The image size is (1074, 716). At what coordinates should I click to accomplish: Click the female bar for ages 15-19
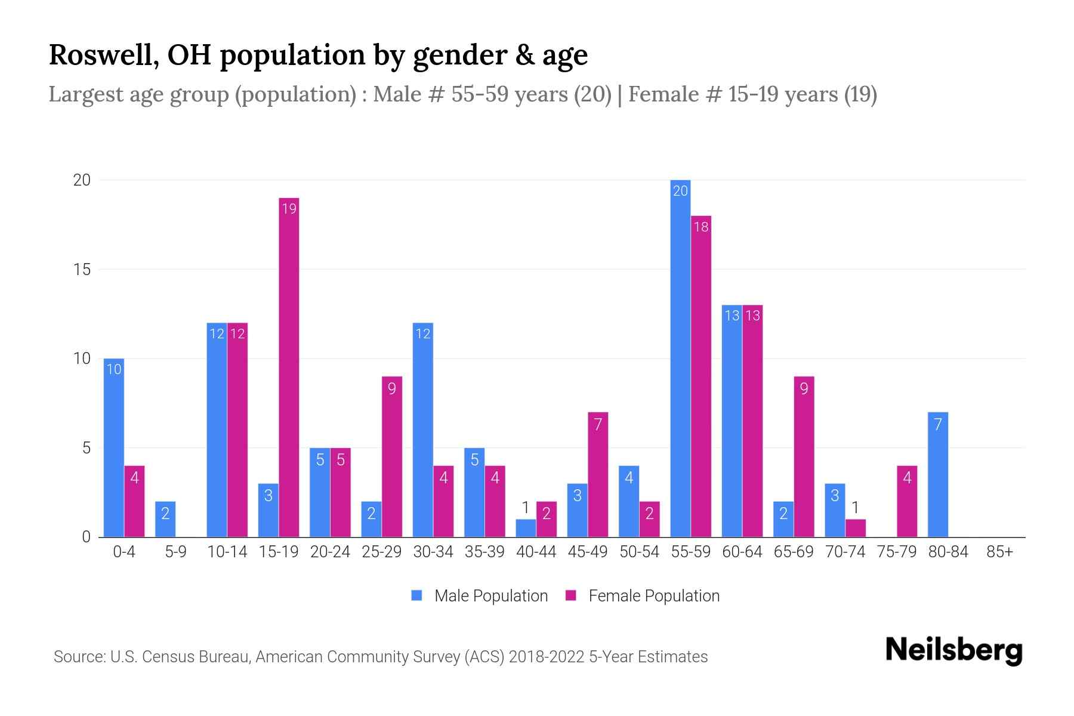pyautogui.click(x=289, y=367)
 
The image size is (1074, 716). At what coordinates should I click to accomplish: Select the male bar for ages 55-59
pyautogui.click(x=680, y=358)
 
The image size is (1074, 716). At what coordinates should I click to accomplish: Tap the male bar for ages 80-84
pyautogui.click(x=938, y=474)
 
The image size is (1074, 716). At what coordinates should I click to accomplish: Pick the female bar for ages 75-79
pyautogui.click(x=907, y=501)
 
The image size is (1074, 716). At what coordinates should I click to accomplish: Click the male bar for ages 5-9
pyautogui.click(x=165, y=519)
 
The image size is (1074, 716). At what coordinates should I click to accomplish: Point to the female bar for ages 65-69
pyautogui.click(x=804, y=456)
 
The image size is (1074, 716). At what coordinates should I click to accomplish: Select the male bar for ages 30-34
pyautogui.click(x=422, y=430)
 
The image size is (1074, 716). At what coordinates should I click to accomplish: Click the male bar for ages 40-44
pyautogui.click(x=526, y=528)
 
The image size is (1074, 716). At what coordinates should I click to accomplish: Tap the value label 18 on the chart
pyautogui.click(x=701, y=227)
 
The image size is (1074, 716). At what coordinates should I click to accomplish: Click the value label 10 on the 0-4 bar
pyautogui.click(x=113, y=369)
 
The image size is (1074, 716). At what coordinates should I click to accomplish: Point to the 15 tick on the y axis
pyautogui.click(x=82, y=270)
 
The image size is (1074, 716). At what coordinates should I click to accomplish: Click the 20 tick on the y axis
pyautogui.click(x=82, y=180)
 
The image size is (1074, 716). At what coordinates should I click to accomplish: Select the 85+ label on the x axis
pyautogui.click(x=999, y=552)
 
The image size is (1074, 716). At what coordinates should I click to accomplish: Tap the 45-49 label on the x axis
pyautogui.click(x=588, y=552)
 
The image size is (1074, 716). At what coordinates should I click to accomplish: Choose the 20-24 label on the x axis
pyautogui.click(x=330, y=552)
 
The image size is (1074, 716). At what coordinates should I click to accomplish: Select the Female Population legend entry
pyautogui.click(x=643, y=595)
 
